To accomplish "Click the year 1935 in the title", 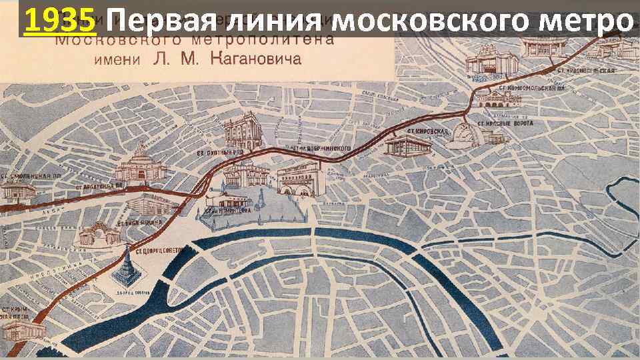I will click(59, 23).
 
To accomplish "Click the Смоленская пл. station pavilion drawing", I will click(17, 192).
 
